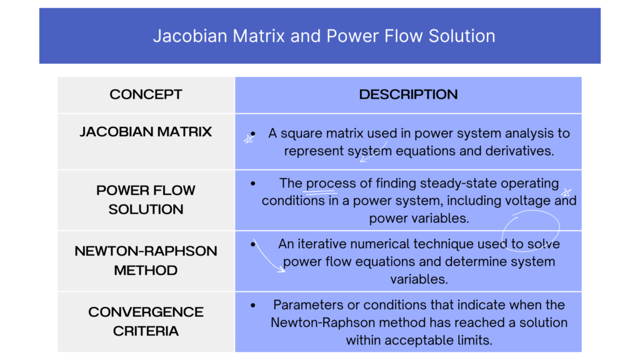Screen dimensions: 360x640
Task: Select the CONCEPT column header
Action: [x=146, y=94]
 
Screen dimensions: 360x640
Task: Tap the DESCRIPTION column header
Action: [x=408, y=94]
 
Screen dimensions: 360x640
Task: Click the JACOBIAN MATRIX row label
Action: [x=146, y=132]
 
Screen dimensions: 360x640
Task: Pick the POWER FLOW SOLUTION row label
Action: [x=146, y=199]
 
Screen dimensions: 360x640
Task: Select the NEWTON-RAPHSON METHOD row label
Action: [x=146, y=260]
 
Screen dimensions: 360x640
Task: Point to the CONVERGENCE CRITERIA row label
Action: [x=146, y=321]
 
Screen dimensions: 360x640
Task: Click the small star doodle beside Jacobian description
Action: [x=248, y=140]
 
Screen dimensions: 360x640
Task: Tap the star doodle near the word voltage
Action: [x=566, y=192]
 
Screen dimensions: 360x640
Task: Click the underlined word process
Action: [x=322, y=184]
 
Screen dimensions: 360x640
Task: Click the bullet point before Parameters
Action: [x=252, y=306]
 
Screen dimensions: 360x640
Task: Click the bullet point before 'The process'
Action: [x=252, y=184]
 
